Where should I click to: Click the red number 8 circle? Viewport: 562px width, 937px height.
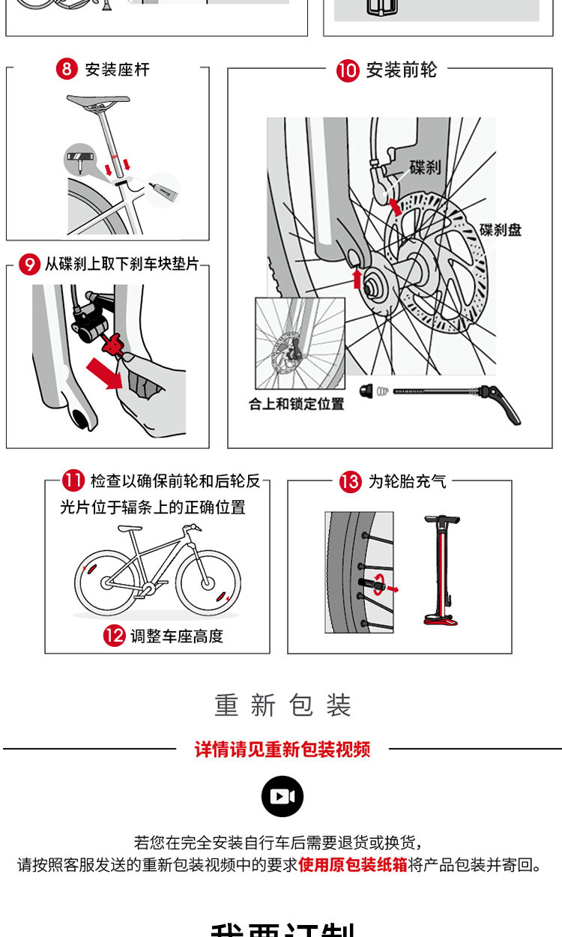tap(67, 70)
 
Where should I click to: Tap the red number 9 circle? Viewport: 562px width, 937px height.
tap(28, 264)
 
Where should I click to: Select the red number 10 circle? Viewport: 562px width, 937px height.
tap(348, 71)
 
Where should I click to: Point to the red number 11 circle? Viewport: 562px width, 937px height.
tap(73, 480)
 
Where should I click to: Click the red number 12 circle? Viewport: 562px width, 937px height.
tap(113, 636)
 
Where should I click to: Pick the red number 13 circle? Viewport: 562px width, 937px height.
tap(350, 481)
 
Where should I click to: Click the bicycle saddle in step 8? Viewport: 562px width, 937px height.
tap(97, 101)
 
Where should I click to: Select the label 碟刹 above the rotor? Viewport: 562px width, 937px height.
tap(425, 167)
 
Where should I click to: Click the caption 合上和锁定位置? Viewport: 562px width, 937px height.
tap(297, 404)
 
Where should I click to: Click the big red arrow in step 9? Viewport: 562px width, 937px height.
tap(103, 372)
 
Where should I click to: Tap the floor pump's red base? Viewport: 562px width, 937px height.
tap(441, 619)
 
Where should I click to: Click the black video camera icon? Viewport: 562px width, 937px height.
tap(282, 796)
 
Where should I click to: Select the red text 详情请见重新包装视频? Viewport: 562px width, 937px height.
tap(282, 749)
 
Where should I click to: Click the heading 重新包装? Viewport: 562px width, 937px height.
tap(282, 705)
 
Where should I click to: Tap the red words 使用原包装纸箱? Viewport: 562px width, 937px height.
tap(353, 864)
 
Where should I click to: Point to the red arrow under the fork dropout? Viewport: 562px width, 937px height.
tap(357, 280)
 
